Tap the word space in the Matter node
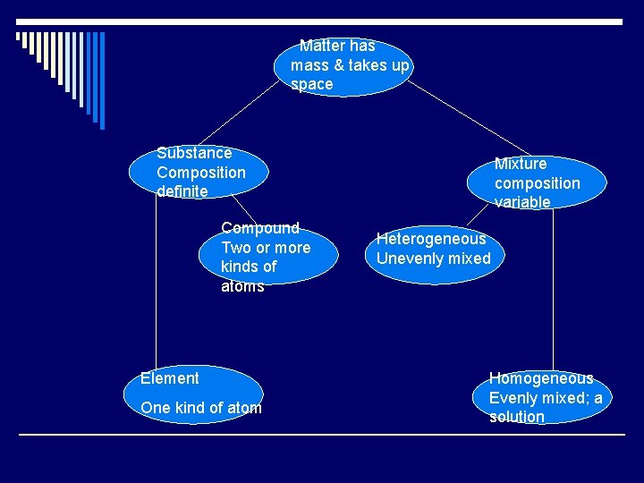coord(311,85)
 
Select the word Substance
coord(194,153)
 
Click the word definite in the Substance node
coord(182,191)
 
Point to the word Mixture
coord(521,164)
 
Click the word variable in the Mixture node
coord(522,202)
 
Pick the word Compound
coord(260,228)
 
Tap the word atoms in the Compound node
coord(242,286)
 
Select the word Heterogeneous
coord(431,239)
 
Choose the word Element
coord(170,378)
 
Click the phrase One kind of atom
coord(201,408)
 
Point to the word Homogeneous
coord(541,378)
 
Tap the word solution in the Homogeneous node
coord(517,417)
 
